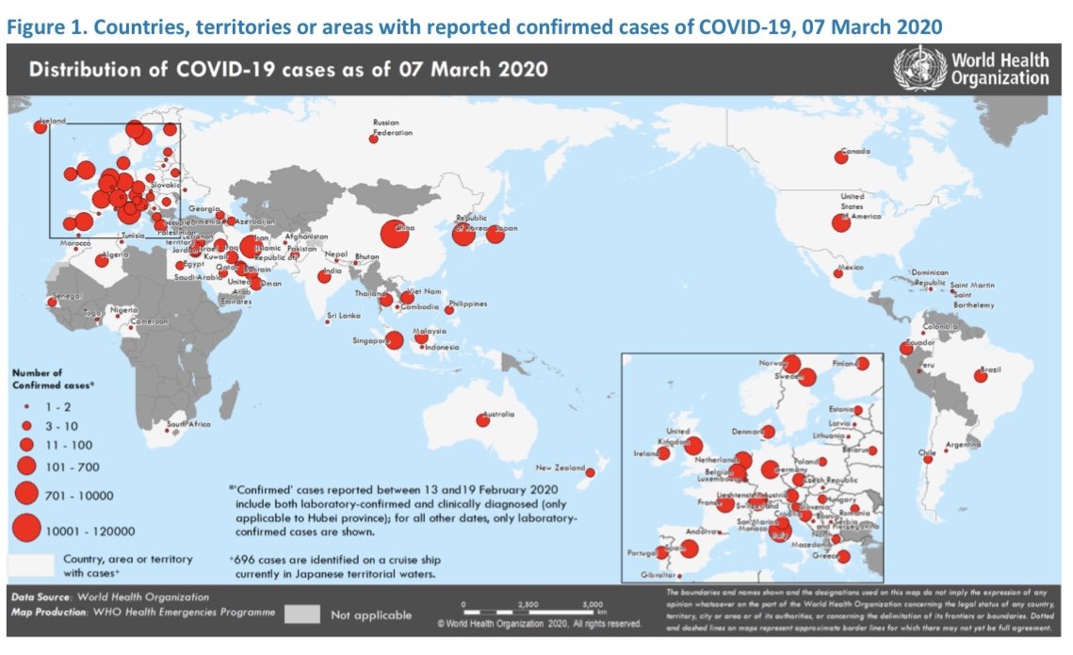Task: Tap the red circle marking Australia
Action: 482,420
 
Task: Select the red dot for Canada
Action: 839,156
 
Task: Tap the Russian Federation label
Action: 393,127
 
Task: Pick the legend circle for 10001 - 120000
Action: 27,529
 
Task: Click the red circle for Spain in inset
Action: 688,548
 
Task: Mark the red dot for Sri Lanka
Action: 327,323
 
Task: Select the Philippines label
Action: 469,303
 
